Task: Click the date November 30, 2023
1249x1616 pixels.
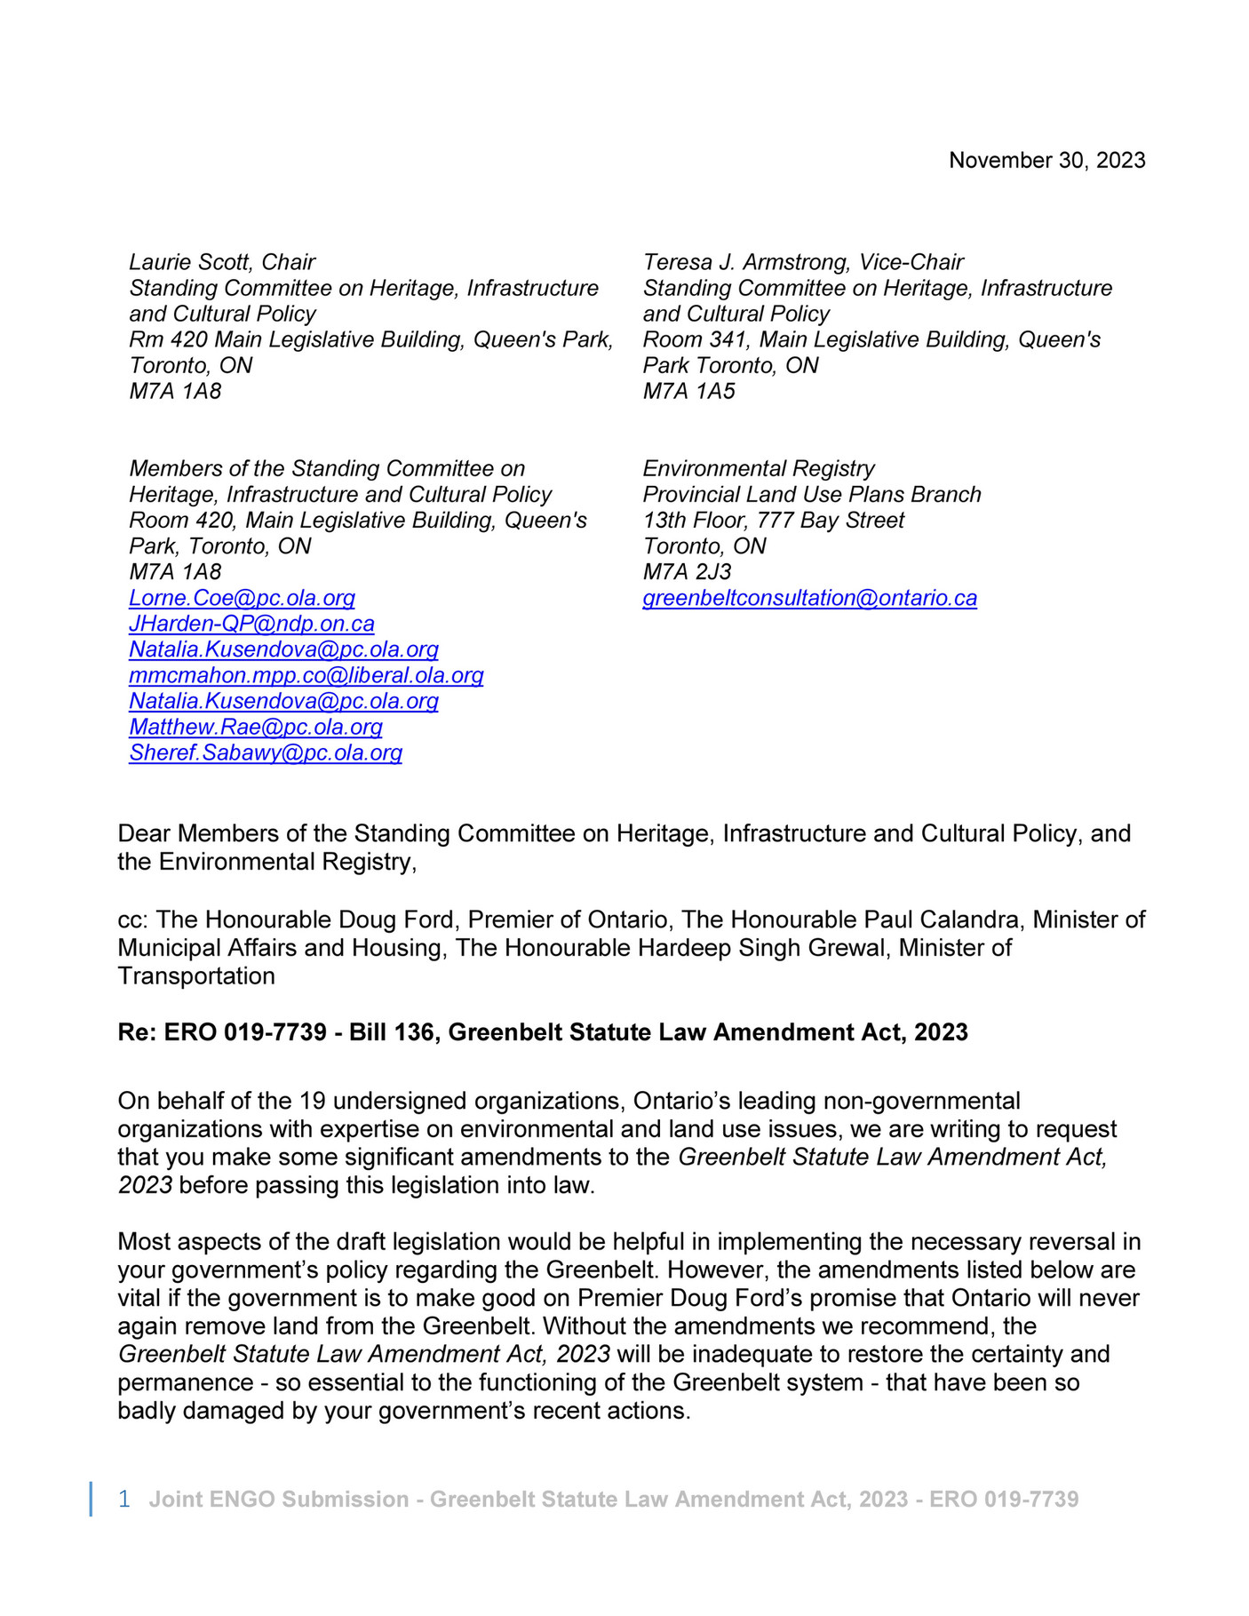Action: [1046, 160]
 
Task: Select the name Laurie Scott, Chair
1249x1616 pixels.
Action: [222, 262]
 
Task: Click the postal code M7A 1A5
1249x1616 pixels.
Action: [688, 391]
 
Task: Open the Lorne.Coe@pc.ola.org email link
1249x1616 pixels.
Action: [242, 598]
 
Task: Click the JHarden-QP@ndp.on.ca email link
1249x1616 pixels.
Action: [251, 624]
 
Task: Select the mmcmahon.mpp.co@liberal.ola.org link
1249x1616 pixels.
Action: [306, 675]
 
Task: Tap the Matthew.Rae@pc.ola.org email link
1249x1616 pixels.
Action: [256, 727]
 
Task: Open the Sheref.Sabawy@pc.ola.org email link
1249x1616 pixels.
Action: [266, 752]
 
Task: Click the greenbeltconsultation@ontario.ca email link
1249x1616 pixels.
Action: [809, 598]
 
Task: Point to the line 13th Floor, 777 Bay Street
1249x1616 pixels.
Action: [773, 520]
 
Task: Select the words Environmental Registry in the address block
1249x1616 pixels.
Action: [759, 468]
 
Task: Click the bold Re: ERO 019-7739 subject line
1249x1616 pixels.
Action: [542, 1032]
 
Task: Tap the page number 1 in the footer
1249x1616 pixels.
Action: [124, 1499]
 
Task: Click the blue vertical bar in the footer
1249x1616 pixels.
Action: [91, 1499]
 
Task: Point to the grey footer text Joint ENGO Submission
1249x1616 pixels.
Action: [279, 1499]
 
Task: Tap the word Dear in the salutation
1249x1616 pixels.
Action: [144, 833]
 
